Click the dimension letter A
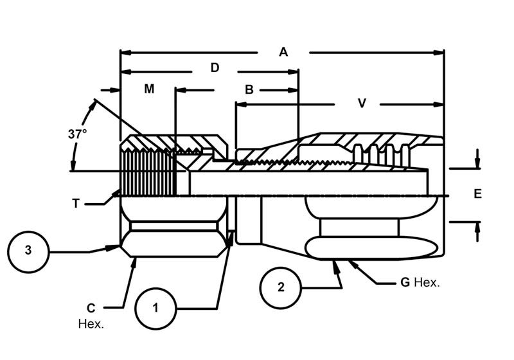tap(283, 52)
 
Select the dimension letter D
tap(215, 67)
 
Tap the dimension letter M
tap(149, 89)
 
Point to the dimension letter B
tap(249, 90)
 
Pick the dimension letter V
tap(362, 103)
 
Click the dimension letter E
tap(477, 194)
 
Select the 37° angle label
tap(77, 134)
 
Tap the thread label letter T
tap(76, 203)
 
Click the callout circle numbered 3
tap(28, 251)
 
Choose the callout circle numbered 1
tap(155, 308)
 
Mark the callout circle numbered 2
tap(280, 287)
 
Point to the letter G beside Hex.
tap(405, 282)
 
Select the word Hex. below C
tap(91, 323)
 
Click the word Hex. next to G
tap(427, 282)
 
